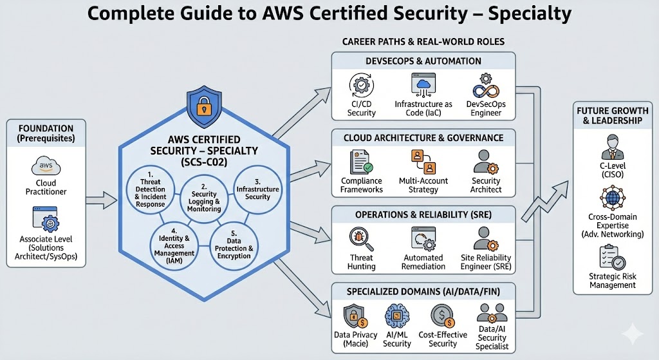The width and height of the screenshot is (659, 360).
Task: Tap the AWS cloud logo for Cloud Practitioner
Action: (46, 168)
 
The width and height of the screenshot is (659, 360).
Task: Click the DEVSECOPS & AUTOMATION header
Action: (423, 61)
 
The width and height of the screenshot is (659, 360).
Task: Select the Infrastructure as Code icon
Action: (423, 84)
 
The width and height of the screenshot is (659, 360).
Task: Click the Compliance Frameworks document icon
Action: (361, 162)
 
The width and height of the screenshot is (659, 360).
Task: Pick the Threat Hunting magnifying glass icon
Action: (360, 240)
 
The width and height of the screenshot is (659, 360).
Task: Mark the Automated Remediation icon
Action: (423, 239)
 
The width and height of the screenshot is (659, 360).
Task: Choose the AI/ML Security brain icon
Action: (396, 317)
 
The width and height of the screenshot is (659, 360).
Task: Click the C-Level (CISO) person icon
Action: (611, 147)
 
